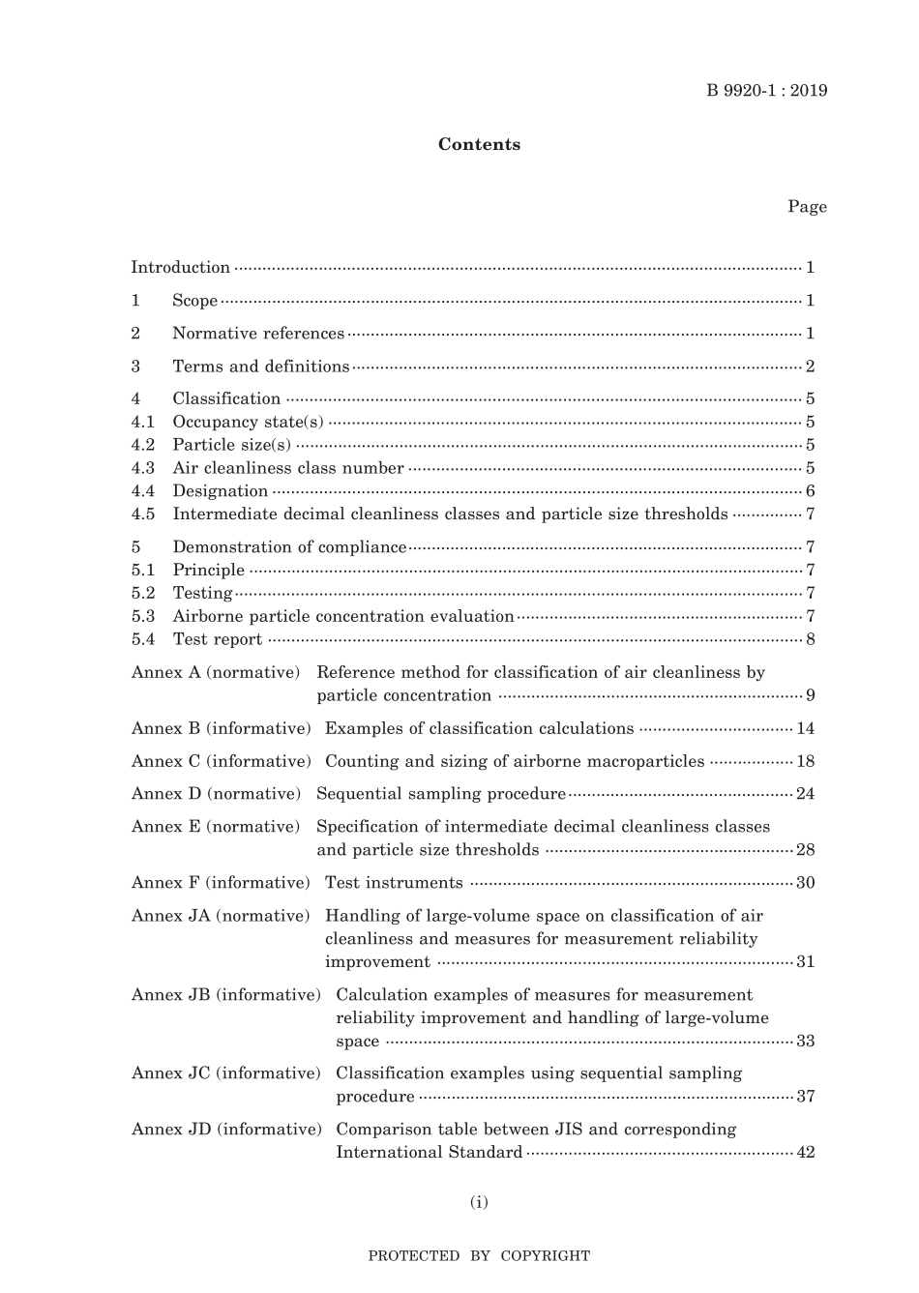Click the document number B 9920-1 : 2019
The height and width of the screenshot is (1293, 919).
(766, 91)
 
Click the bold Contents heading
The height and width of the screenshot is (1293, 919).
(479, 144)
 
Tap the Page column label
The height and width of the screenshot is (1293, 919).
(807, 206)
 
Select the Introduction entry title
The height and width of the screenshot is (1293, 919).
(181, 268)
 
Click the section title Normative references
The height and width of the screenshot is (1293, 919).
(258, 334)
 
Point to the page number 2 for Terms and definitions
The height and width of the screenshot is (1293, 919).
(810, 367)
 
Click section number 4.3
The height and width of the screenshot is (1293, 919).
(143, 468)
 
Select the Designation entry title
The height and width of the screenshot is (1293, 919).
(221, 491)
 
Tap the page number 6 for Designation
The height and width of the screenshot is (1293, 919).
(810, 491)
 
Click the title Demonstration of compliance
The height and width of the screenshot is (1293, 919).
(289, 547)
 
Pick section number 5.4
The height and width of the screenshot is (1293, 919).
(143, 639)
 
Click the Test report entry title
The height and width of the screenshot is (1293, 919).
(218, 639)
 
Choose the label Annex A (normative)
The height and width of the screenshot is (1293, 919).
(216, 672)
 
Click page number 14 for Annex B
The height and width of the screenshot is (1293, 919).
(805, 729)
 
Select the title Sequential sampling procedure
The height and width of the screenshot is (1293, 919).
(441, 794)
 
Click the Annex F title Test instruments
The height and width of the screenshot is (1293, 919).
(394, 883)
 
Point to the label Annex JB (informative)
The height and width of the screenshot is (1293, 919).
(225, 995)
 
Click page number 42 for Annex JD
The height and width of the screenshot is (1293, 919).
(805, 1153)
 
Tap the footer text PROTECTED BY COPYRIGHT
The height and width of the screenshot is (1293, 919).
(479, 1256)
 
